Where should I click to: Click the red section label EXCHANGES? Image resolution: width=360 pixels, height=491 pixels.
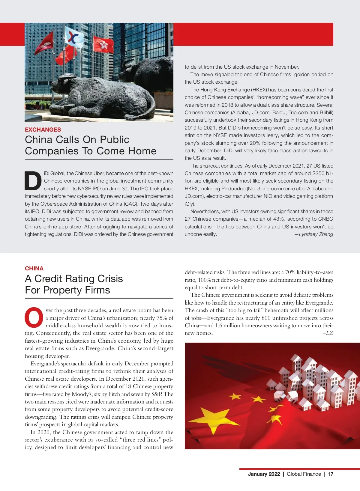coord(43,129)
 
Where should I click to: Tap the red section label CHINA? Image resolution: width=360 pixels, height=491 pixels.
coord(34,268)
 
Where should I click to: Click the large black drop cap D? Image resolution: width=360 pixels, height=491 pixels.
coord(33,181)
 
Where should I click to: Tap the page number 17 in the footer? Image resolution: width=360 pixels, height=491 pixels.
coord(330,474)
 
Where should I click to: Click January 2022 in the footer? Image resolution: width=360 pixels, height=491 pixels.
coord(264,474)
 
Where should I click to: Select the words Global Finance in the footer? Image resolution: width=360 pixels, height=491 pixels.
coord(304,474)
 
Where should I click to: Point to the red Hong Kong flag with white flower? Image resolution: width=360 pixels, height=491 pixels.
coord(103,44)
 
